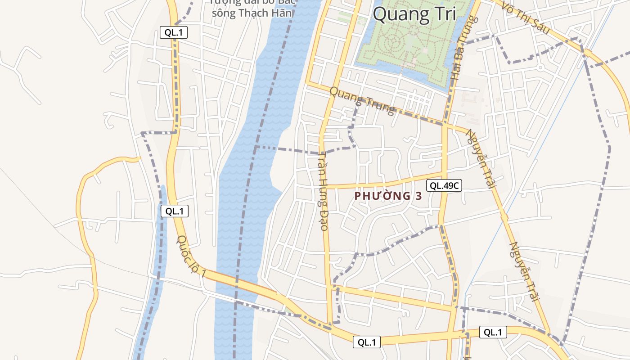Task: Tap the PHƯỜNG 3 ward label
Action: (388, 196)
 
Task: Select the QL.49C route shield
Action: (444, 185)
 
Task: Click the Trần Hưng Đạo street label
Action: (323, 191)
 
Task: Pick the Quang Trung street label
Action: (362, 100)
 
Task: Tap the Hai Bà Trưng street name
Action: (463, 49)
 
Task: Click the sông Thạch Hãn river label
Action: (252, 13)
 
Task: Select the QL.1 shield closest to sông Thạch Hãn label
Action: (173, 32)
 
